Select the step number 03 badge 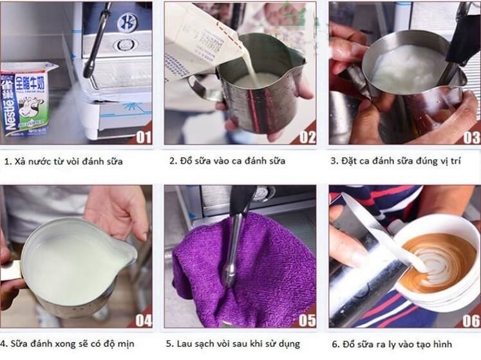click(471, 137)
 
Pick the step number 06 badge click(471, 319)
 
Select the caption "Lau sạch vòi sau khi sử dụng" click(233, 344)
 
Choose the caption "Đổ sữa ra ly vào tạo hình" click(391, 344)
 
